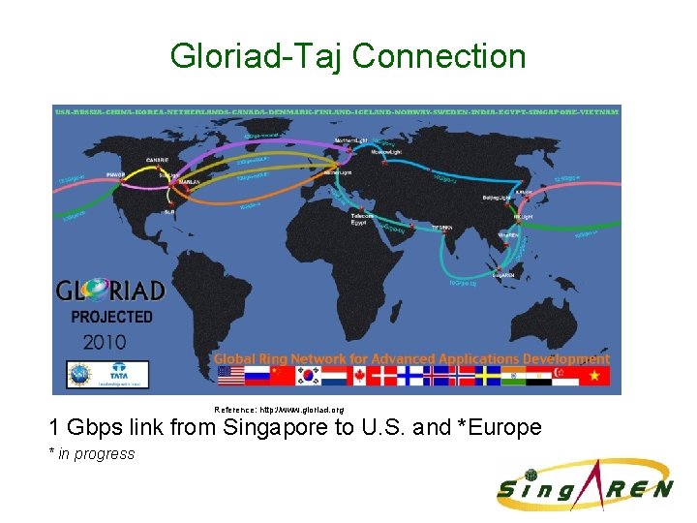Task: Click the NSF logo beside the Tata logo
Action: [80, 375]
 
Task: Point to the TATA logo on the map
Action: [121, 374]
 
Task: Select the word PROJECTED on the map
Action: [110, 316]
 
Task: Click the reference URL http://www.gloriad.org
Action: [279, 410]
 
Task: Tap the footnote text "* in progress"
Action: [92, 454]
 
